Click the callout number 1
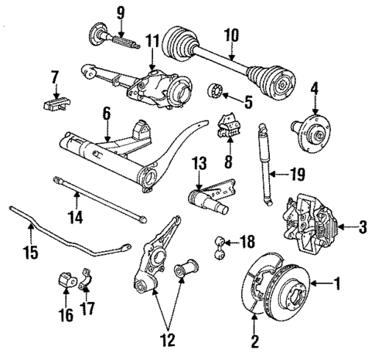point(337,284)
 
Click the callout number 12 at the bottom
point(168,339)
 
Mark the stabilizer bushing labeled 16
point(66,279)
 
